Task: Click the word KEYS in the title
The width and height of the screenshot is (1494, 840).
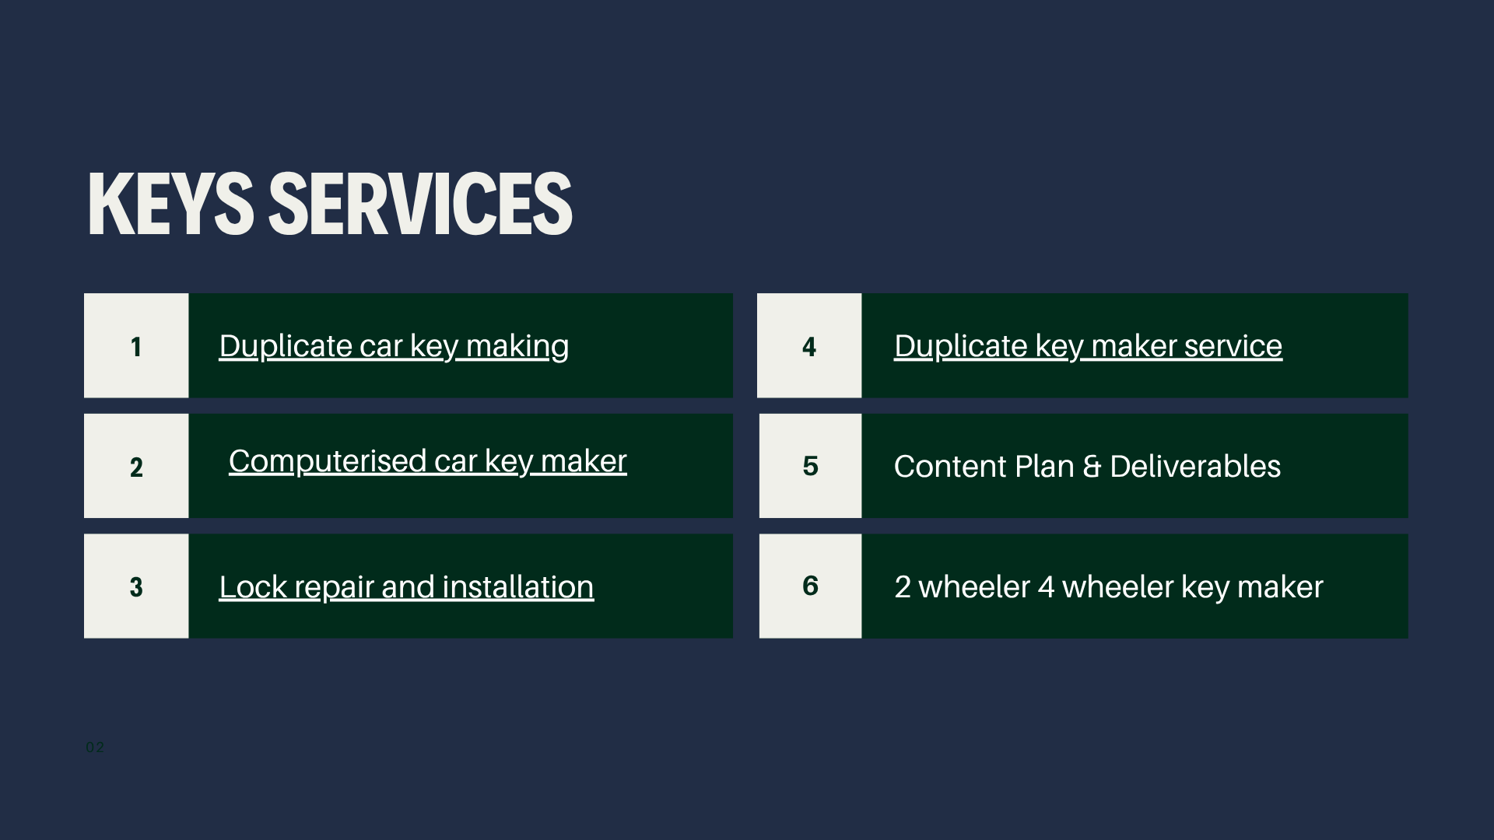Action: coord(170,204)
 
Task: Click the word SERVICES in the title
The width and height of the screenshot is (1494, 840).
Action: coord(420,204)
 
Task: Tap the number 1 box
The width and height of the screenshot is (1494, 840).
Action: coord(136,346)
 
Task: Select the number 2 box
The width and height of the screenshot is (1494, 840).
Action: coord(136,467)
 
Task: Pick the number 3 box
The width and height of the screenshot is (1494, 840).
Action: coord(136,586)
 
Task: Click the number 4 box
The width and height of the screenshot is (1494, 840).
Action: coord(809,346)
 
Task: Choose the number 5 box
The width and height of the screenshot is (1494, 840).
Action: coord(810,466)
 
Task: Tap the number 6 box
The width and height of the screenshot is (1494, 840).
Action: coord(810,586)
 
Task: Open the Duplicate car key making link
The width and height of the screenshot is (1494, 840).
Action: coord(394,346)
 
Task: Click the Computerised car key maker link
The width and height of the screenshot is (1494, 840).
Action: coord(427,461)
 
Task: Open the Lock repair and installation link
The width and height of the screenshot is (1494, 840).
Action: coord(406,587)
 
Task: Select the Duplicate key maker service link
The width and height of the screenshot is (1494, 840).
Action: coord(1088,346)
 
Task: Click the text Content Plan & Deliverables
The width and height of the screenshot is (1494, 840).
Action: coord(1087,467)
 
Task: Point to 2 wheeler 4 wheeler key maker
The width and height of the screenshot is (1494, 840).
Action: coord(1108,587)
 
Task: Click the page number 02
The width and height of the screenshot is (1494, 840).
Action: coord(95,747)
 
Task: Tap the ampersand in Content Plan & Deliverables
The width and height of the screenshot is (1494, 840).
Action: coord(1092,467)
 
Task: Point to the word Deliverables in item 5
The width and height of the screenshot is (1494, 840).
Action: coord(1195,467)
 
